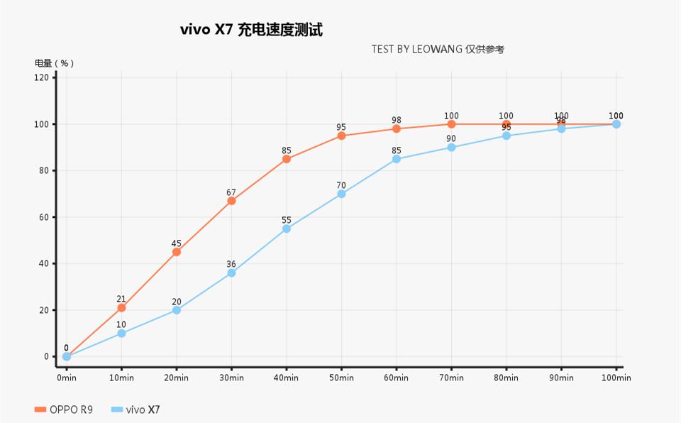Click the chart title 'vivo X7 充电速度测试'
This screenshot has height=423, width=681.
click(251, 30)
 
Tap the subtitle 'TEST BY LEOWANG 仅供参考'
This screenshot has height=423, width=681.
click(437, 49)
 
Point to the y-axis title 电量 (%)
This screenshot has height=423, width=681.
click(55, 62)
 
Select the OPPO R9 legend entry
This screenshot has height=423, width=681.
click(64, 410)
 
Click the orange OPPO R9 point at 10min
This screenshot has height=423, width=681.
click(121, 308)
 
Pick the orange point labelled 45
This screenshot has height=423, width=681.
click(177, 252)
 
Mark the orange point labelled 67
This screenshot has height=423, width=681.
click(231, 201)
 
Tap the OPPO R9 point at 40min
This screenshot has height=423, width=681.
click(287, 159)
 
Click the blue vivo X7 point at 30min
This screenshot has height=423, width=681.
click(231, 273)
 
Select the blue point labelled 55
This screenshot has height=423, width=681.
click(287, 229)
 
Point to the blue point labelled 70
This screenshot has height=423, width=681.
click(341, 194)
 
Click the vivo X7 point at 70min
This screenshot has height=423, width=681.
click(451, 148)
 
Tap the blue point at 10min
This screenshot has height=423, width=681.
click(121, 334)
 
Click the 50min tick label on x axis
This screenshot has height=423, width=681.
click(341, 378)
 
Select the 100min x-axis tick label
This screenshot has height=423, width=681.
click(616, 378)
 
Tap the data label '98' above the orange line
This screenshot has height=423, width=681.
click(397, 120)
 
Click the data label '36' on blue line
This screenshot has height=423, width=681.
click(231, 264)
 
